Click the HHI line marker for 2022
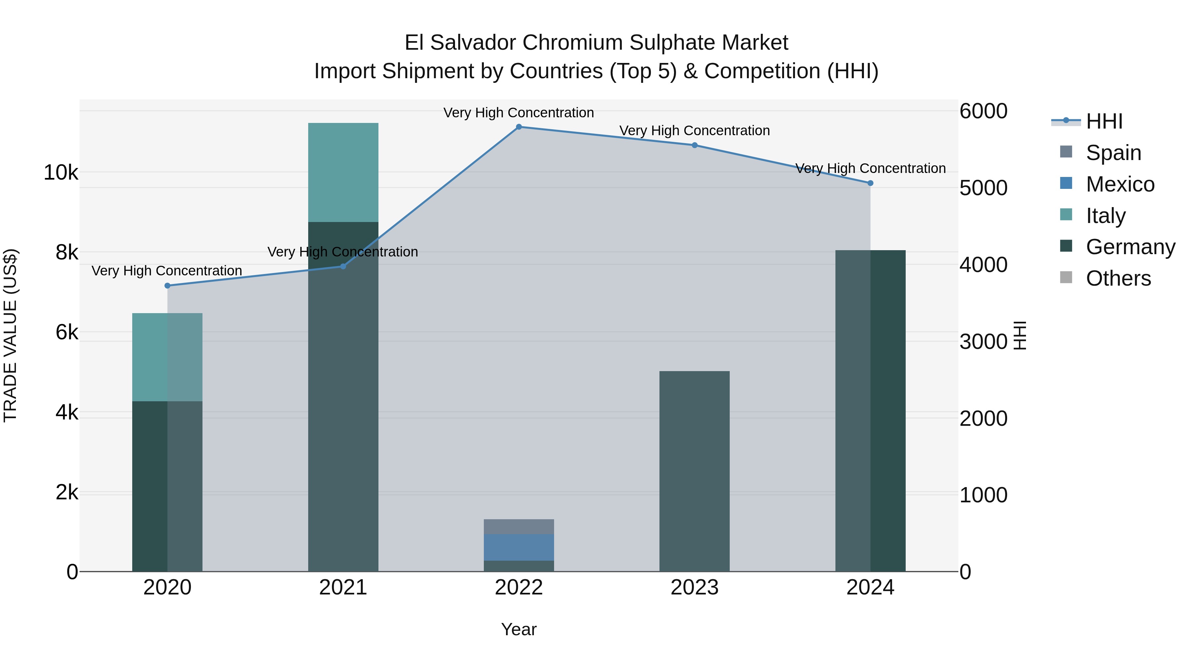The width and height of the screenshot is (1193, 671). pos(519,127)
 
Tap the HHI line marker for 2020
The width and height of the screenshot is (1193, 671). pos(167,286)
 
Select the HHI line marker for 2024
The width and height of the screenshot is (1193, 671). pos(870,183)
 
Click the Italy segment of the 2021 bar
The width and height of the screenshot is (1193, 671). pos(343,172)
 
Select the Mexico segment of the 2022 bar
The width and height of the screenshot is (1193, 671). pos(519,547)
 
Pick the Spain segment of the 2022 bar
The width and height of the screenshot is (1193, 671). pos(519,527)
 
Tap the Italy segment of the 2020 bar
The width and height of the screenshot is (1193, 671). pos(167,357)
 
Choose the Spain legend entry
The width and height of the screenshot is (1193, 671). pos(1113,153)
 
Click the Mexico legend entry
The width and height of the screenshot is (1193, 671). pos(1120,184)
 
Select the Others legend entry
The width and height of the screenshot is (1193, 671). pos(1118,279)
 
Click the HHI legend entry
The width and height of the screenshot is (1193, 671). pos(1104,121)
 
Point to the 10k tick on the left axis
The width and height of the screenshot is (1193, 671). pos(61,173)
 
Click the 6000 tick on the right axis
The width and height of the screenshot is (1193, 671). pos(983,111)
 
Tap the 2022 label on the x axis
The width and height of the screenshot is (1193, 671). pos(519,587)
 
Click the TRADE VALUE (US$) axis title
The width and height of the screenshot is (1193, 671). pos(11,335)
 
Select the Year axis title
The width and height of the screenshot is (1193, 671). pos(519,629)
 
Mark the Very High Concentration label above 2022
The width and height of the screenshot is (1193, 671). pos(519,113)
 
